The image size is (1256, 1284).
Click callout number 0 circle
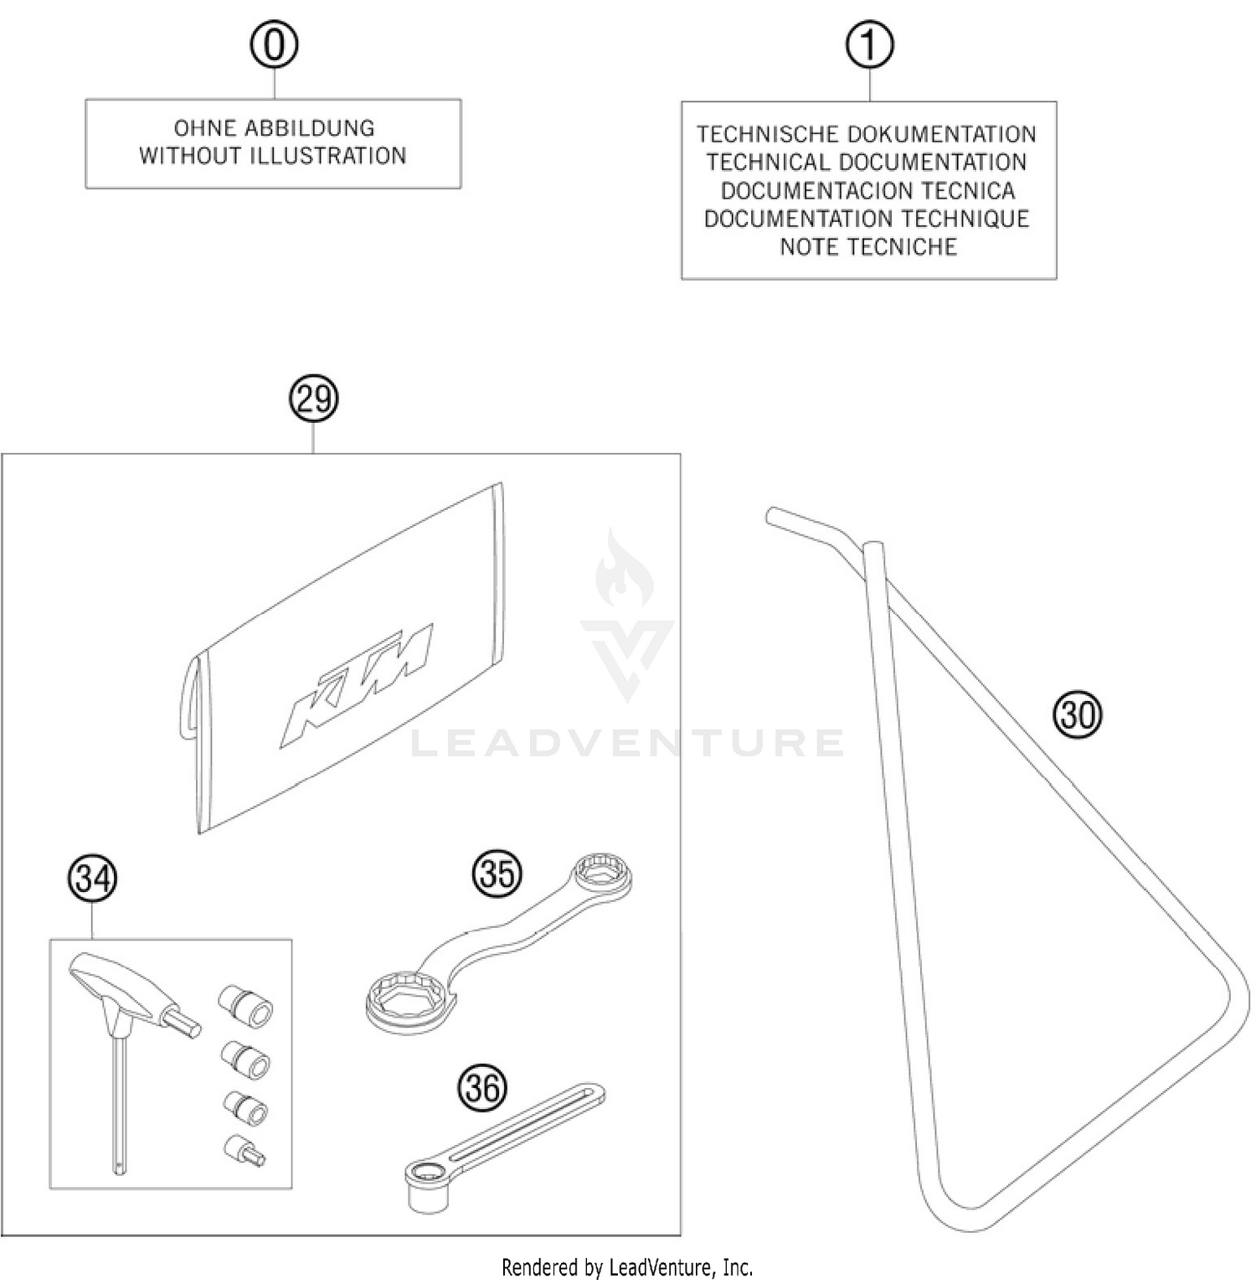point(274,45)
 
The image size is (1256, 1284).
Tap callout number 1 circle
point(869,45)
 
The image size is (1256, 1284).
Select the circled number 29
point(313,399)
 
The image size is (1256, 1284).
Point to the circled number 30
point(1078,715)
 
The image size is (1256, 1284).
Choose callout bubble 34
point(92,879)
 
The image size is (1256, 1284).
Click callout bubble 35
point(497,874)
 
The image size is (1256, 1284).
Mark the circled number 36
point(483,1088)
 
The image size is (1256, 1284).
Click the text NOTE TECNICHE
point(868,247)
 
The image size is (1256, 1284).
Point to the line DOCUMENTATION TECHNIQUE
point(867,219)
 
